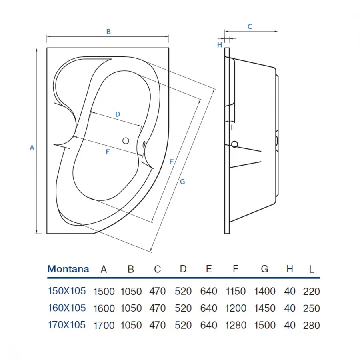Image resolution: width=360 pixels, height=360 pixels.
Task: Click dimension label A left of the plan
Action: pyautogui.click(x=32, y=147)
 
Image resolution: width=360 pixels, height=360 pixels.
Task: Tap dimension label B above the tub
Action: pyautogui.click(x=108, y=32)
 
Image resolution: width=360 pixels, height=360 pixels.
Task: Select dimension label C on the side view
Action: pyautogui.click(x=250, y=27)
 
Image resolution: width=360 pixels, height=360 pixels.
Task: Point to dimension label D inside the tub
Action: pyautogui.click(x=118, y=114)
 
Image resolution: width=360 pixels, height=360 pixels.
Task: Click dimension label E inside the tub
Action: pyautogui.click(x=108, y=152)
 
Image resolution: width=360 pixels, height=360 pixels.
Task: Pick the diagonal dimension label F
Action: pyautogui.click(x=171, y=162)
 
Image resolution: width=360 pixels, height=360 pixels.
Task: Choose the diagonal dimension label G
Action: pyautogui.click(x=182, y=182)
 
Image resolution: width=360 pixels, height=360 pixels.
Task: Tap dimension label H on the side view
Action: pyautogui.click(x=220, y=45)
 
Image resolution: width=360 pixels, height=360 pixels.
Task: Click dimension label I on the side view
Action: pyautogui.click(x=231, y=127)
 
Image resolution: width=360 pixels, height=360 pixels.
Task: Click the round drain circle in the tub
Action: pyautogui.click(x=126, y=140)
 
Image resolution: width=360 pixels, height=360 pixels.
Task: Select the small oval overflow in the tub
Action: pyautogui.click(x=144, y=144)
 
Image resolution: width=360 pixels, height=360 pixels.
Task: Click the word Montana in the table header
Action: pyautogui.click(x=68, y=269)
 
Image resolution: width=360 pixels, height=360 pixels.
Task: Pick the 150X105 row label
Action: pyautogui.click(x=66, y=291)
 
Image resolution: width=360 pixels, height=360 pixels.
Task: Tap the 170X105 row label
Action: pyautogui.click(x=66, y=325)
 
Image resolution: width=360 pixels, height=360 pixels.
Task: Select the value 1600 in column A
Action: pyautogui.click(x=104, y=308)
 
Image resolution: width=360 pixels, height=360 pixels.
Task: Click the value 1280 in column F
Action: pyautogui.click(x=236, y=325)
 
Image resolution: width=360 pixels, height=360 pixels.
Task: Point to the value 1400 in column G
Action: pyautogui.click(x=264, y=292)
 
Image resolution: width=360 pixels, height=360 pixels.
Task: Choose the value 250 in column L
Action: pyautogui.click(x=312, y=308)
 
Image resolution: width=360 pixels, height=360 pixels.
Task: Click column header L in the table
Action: pyautogui.click(x=312, y=269)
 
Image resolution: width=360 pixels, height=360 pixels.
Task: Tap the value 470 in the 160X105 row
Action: pyautogui.click(x=157, y=308)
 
